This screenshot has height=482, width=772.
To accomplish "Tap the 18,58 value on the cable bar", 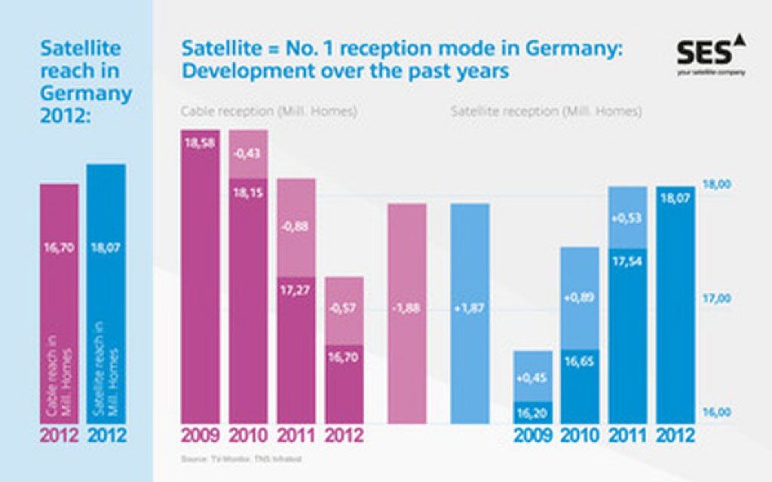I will pyautogui.click(x=201, y=143).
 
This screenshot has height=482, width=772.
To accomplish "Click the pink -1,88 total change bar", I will pyautogui.click(x=407, y=308).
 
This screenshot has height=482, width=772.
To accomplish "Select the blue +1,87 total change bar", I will pyautogui.click(x=470, y=308).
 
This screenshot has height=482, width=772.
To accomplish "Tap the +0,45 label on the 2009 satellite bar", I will pyautogui.click(x=533, y=378).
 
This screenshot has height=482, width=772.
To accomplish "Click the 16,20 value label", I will pyautogui.click(x=533, y=413).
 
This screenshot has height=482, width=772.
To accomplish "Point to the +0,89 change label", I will pyautogui.click(x=580, y=297).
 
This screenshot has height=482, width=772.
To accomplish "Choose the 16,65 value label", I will pyautogui.click(x=580, y=342).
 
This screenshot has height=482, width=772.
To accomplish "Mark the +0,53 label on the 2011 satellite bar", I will pyautogui.click(x=627, y=218).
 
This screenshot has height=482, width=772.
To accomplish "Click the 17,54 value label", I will pyautogui.click(x=627, y=263).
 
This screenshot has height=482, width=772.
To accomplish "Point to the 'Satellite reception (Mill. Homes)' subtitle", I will pyautogui.click(x=547, y=112).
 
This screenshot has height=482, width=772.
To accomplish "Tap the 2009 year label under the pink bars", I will pyautogui.click(x=201, y=436).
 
